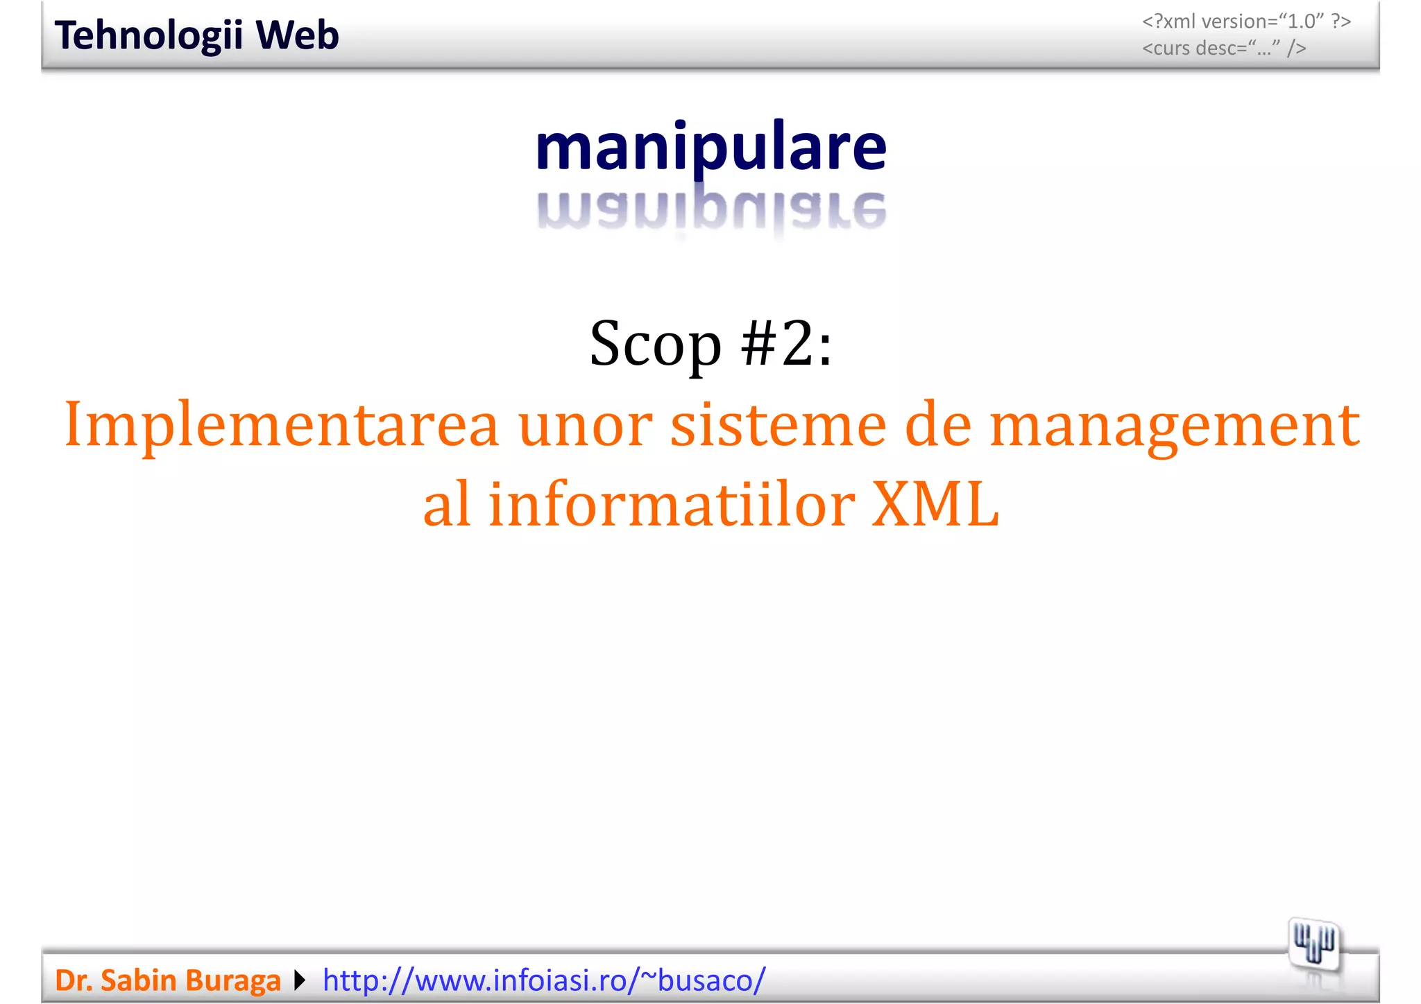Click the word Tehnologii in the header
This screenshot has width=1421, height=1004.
[148, 36]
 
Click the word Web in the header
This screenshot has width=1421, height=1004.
[297, 35]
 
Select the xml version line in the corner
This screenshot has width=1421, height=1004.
[1246, 21]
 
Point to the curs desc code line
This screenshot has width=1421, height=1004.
[1224, 49]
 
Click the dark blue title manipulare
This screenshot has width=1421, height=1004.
[710, 148]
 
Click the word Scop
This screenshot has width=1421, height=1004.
[656, 344]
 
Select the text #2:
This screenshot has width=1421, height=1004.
[786, 344]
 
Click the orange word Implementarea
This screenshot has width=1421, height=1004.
[281, 425]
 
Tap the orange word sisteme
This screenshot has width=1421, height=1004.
[778, 425]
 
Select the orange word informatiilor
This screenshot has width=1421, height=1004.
[671, 504]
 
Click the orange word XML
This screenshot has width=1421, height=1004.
[935, 504]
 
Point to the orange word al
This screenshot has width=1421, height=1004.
[447, 504]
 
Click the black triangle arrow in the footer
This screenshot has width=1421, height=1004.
[299, 980]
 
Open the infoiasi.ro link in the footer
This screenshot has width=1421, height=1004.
[544, 980]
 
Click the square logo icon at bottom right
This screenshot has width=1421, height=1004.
[1314, 944]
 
